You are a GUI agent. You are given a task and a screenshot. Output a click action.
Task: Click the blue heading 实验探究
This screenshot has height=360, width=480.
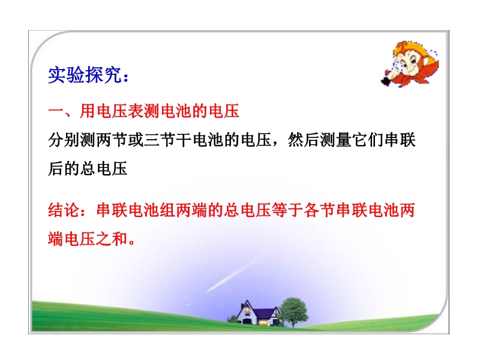[x=85, y=74]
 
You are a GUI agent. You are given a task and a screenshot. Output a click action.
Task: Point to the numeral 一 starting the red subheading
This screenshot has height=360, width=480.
[x=56, y=111]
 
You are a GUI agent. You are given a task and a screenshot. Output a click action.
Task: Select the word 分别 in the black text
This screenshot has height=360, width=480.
[x=64, y=140]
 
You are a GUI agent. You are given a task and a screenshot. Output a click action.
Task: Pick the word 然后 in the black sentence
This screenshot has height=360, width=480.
[x=304, y=140]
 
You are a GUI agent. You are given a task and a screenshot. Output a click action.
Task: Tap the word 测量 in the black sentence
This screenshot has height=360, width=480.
[x=335, y=140]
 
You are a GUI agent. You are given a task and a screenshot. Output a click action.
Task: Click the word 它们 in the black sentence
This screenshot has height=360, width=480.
[x=367, y=140]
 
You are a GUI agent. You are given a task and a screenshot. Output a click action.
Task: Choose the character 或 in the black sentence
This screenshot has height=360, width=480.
[x=136, y=140]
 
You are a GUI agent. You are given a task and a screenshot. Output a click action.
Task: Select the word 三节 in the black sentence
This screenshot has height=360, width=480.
[x=159, y=140]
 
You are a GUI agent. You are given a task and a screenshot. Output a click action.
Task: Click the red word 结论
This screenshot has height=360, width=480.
[x=64, y=211]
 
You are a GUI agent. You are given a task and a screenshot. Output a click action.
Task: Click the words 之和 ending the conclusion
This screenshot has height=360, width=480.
[x=112, y=239]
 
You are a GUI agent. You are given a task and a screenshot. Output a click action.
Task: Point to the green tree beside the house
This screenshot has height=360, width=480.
[x=293, y=311]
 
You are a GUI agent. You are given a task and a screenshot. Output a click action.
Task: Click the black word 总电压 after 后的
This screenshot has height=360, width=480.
[x=103, y=169]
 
